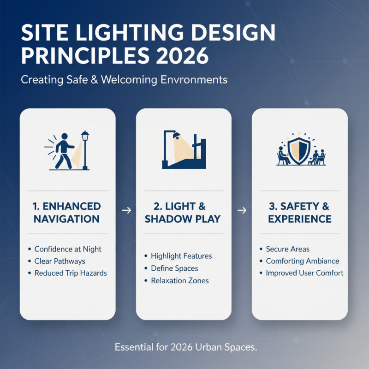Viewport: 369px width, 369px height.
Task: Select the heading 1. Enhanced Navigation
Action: (x=67, y=212)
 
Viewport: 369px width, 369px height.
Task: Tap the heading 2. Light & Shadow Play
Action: (x=184, y=212)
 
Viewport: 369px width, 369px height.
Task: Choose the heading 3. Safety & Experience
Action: (x=299, y=212)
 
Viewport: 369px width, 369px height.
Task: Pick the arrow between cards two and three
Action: (x=241, y=210)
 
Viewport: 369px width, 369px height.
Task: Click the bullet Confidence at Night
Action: (x=68, y=249)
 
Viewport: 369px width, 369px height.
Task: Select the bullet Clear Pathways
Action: (x=60, y=261)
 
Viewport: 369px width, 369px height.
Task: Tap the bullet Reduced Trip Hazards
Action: (x=71, y=273)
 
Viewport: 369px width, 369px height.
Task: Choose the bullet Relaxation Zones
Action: (x=180, y=280)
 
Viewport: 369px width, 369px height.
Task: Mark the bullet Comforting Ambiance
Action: (x=302, y=261)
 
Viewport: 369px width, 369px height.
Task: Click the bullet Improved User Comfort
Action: (x=304, y=273)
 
